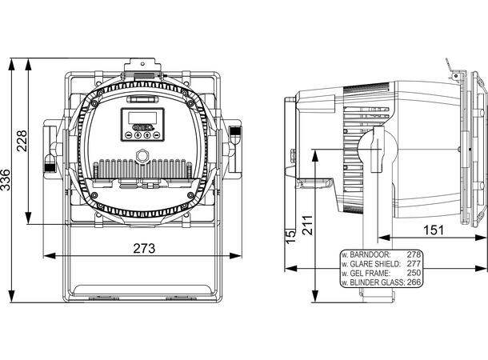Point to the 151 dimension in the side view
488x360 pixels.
point(433,230)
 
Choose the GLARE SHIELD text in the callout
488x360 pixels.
point(374,263)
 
